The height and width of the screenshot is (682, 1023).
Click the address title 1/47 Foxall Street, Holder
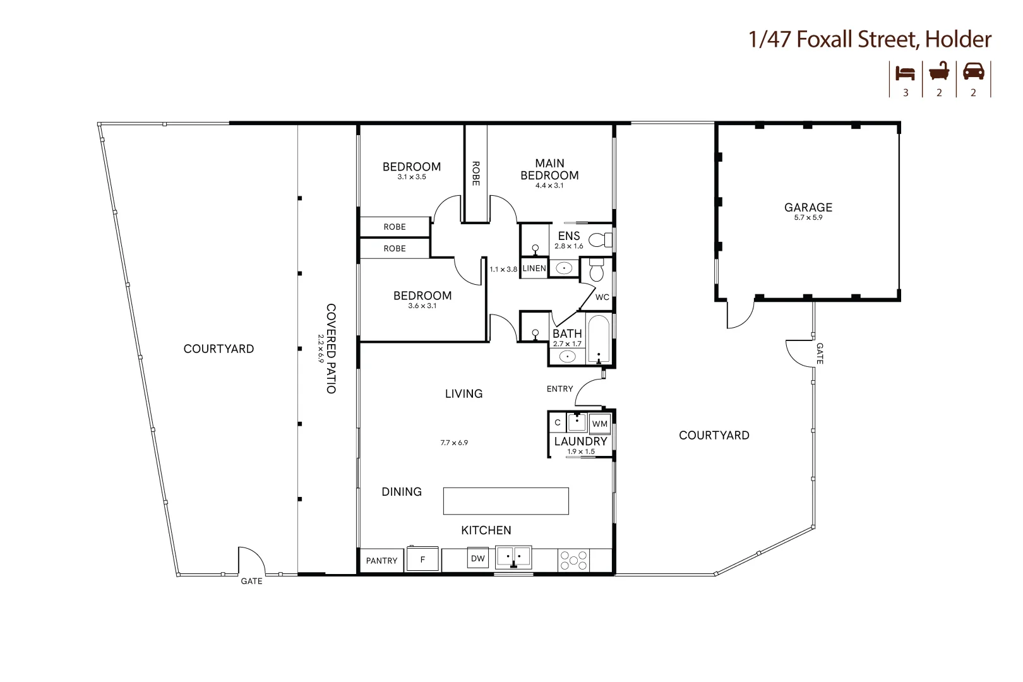(870, 39)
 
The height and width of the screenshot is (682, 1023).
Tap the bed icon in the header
(906, 73)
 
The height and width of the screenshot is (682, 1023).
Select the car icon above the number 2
(973, 71)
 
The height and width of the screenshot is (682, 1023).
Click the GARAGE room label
(808, 207)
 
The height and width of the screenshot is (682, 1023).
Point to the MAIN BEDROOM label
(549, 169)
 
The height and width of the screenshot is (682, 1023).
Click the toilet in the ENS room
(600, 240)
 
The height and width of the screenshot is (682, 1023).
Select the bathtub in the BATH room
(598, 340)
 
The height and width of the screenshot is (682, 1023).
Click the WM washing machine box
(599, 424)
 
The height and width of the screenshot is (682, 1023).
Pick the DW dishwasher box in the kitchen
(478, 558)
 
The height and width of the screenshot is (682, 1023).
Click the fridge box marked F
(422, 559)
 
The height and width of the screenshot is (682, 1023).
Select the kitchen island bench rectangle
(506, 501)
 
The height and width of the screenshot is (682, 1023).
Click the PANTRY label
(381, 561)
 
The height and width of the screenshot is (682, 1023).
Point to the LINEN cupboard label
(534, 268)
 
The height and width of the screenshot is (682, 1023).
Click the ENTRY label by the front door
(559, 389)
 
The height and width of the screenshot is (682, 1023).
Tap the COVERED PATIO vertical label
(330, 349)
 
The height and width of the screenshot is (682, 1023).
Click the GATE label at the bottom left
(251, 581)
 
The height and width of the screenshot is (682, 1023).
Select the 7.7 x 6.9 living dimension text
(454, 443)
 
